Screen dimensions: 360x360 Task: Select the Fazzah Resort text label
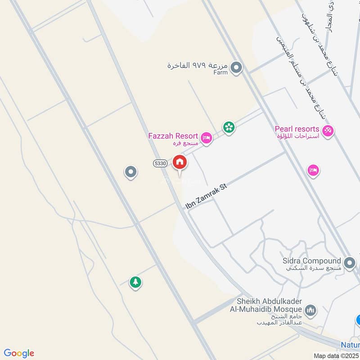(x=173, y=136)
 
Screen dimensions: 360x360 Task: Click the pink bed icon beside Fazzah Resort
(x=207, y=138)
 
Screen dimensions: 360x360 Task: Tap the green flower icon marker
(x=229, y=127)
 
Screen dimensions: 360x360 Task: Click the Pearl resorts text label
(x=297, y=129)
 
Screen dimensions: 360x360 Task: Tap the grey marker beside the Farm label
(x=236, y=68)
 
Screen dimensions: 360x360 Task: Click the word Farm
(x=221, y=72)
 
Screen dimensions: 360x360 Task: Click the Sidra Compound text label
(x=312, y=261)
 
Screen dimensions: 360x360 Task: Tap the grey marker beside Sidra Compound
(x=349, y=263)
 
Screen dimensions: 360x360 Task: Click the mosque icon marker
(x=310, y=310)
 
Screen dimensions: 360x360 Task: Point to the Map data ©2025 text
(x=335, y=355)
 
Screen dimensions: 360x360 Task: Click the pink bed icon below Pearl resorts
(x=313, y=171)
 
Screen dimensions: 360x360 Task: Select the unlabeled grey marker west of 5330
(x=130, y=171)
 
